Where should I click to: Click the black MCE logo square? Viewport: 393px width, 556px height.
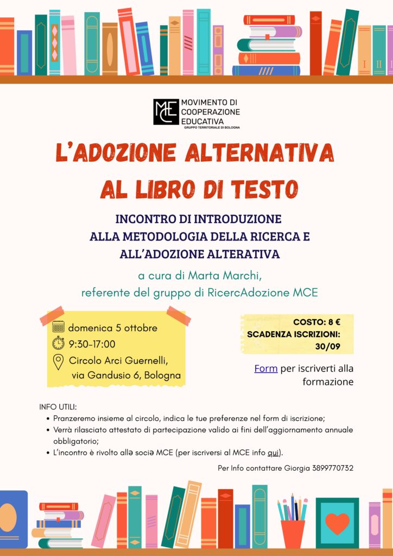[x=166, y=112]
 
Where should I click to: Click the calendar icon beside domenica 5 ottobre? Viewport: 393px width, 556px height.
[x=58, y=327]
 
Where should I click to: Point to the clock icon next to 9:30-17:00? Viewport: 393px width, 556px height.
[x=58, y=343]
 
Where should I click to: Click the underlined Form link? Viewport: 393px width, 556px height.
[x=266, y=369]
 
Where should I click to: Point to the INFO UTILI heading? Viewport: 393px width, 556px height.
[x=58, y=407]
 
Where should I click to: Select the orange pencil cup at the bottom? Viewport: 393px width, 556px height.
[x=293, y=533]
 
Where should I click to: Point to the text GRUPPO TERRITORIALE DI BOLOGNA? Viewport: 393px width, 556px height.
[x=212, y=128]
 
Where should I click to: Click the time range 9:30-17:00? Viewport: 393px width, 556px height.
[x=92, y=344]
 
